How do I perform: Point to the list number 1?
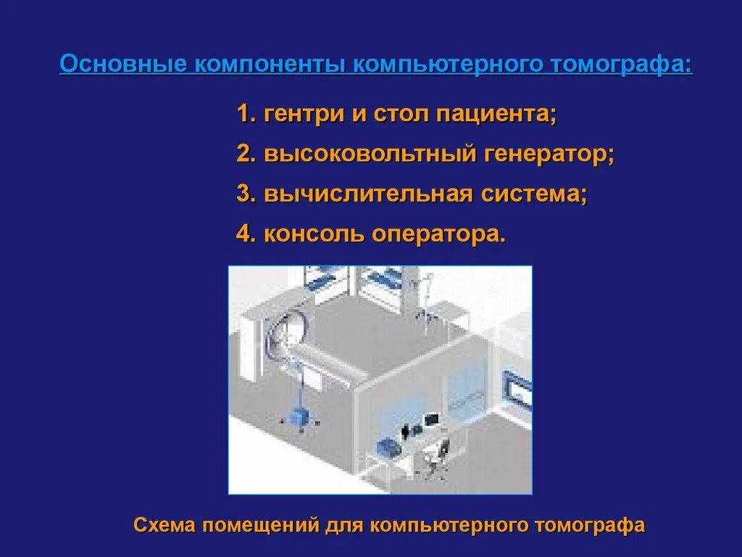[245, 115]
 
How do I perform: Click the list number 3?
[245, 194]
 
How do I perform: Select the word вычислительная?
[367, 194]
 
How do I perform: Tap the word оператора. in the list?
[438, 234]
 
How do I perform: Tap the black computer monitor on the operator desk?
[431, 419]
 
